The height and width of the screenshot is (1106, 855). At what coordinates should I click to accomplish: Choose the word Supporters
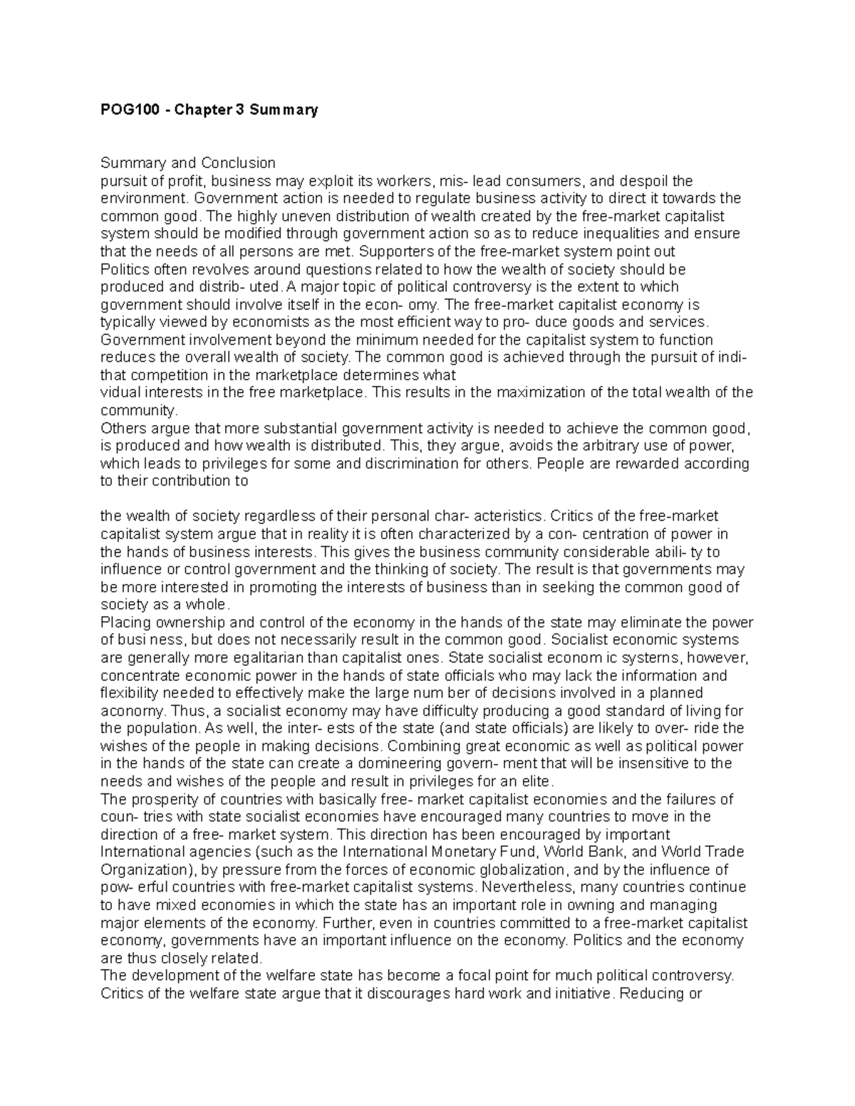tap(393, 251)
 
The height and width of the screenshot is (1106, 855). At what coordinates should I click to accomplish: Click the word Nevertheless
tap(529, 887)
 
